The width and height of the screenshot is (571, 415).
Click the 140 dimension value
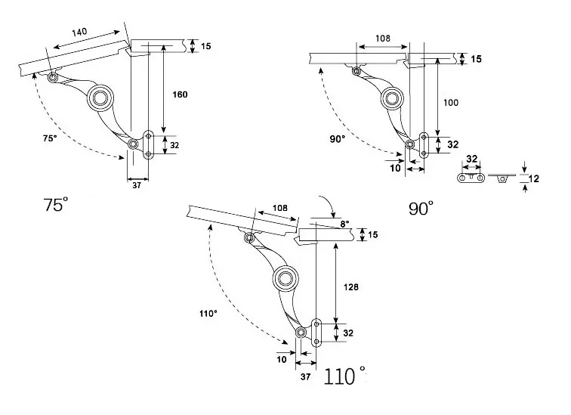79,32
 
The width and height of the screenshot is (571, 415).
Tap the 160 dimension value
180,94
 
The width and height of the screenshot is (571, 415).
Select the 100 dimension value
451,103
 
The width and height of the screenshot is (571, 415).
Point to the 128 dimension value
351,287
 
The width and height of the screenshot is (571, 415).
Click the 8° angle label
344,224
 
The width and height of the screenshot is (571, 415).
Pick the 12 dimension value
533,178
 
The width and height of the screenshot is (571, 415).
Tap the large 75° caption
56,204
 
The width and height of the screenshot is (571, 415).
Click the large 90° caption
421,209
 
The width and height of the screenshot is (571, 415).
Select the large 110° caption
344,376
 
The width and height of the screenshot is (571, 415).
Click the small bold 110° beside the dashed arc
208,314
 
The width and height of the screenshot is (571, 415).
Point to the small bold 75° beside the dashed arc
50,138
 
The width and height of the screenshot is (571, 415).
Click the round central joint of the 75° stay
100,98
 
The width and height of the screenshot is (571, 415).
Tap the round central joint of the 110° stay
285,279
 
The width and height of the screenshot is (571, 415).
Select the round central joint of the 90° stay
392,98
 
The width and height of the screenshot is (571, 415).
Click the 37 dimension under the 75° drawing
137,185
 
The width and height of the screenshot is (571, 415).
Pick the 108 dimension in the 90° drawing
383,39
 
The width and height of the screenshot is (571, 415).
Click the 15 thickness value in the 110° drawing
373,234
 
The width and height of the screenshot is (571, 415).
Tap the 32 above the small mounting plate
471,159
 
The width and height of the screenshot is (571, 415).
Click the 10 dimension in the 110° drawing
282,360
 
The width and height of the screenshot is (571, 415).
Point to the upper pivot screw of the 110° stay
249,238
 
